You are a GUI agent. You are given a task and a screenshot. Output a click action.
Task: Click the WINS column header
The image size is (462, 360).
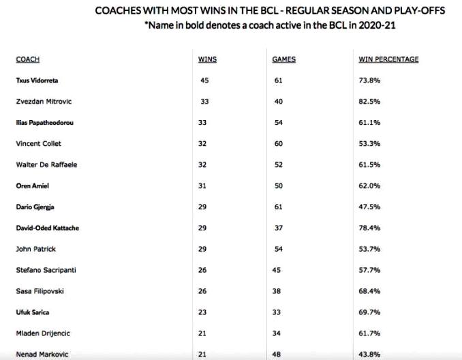[x=206, y=59]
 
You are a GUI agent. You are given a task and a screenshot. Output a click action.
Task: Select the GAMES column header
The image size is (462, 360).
[x=283, y=59]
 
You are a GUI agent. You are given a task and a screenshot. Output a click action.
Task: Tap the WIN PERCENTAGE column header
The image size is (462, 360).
[x=388, y=59]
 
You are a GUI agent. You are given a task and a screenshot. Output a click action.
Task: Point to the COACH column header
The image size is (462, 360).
[x=27, y=59]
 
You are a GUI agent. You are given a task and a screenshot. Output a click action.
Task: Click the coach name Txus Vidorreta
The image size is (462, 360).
[x=37, y=80]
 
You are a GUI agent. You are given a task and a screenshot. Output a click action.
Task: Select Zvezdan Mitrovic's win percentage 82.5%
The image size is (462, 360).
[x=369, y=102]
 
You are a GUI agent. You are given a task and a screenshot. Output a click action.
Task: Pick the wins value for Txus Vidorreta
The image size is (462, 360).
[x=204, y=80]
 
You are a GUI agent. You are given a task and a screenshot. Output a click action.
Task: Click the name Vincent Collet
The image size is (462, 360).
[x=36, y=144]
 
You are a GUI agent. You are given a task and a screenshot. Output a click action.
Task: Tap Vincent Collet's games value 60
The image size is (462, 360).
[x=277, y=144]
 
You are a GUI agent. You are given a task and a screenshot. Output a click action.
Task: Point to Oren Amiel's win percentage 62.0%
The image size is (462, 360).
[x=369, y=185]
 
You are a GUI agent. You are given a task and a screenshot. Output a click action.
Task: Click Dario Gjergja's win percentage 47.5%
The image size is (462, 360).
[x=369, y=207]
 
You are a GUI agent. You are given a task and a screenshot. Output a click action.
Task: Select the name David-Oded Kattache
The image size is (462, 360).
[x=47, y=228]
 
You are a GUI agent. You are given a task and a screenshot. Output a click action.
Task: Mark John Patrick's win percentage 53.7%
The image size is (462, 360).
[x=369, y=249]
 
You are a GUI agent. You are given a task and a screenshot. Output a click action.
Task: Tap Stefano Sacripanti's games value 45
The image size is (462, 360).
[x=277, y=270]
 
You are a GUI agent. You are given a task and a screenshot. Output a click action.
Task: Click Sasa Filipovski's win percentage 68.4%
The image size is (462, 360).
[x=369, y=291]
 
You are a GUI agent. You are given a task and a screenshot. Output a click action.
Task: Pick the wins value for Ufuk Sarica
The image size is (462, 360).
[x=204, y=312]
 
